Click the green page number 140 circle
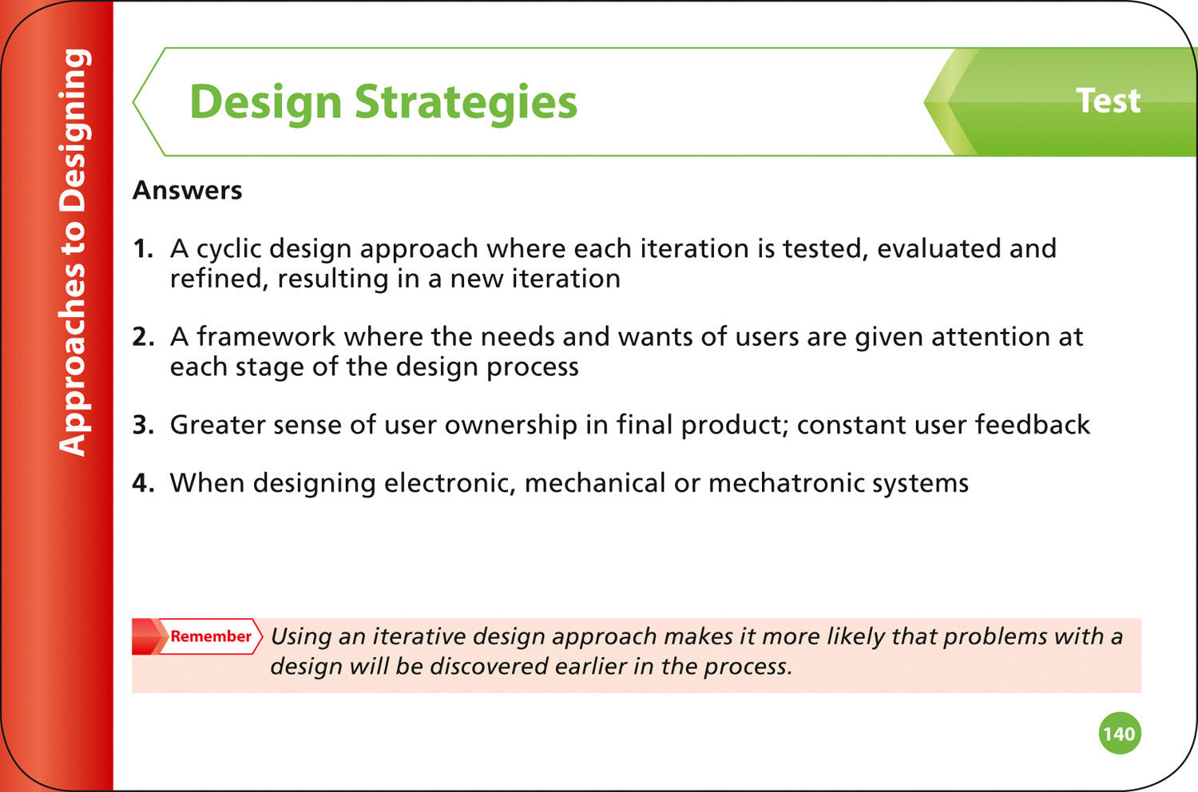pyautogui.click(x=1120, y=734)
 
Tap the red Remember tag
pyautogui.click(x=209, y=636)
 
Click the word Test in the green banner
pyautogui.click(x=1108, y=101)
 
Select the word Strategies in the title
pyautogui.click(x=466, y=103)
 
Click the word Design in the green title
pyautogui.click(x=265, y=103)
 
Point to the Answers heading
pyautogui.click(x=188, y=191)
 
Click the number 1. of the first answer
pyautogui.click(x=142, y=249)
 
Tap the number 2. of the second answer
pyautogui.click(x=143, y=337)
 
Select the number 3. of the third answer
pyautogui.click(x=143, y=425)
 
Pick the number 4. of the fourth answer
pyautogui.click(x=143, y=483)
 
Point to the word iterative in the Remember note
pyautogui.click(x=418, y=636)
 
